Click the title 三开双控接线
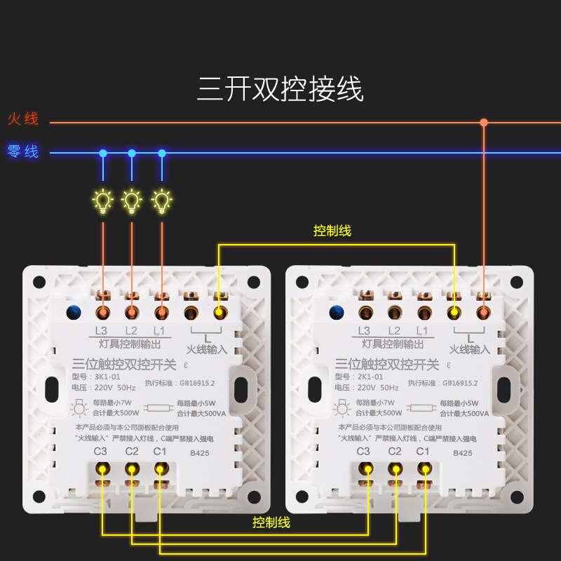[x=280, y=90]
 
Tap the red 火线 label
[x=23, y=119]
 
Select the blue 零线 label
[x=23, y=151]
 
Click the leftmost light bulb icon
[x=103, y=201]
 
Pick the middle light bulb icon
[x=131, y=201]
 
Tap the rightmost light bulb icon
[x=162, y=201]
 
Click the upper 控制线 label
[x=332, y=231]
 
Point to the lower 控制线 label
[x=271, y=522]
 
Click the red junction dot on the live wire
[x=484, y=123]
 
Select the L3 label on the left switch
[x=101, y=330]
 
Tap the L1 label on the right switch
[x=422, y=330]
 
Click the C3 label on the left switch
[x=100, y=451]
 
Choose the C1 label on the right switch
[x=422, y=451]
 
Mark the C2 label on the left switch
[x=131, y=451]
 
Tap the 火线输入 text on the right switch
[x=470, y=349]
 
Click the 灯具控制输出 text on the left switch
[x=132, y=344]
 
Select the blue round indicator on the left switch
[x=72, y=311]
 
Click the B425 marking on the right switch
[x=462, y=453]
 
